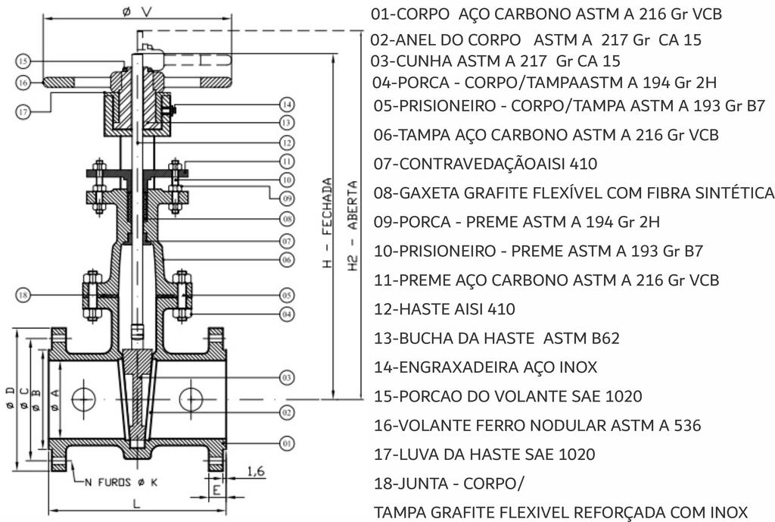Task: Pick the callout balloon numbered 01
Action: (x=287, y=442)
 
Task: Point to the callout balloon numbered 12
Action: (x=285, y=142)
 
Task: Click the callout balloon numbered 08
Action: (x=287, y=220)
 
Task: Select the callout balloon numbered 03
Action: (x=287, y=377)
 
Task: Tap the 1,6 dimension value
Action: (x=257, y=471)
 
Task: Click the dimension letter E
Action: (x=215, y=489)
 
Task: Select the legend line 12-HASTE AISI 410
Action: (x=444, y=309)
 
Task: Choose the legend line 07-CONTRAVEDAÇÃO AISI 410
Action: (x=485, y=164)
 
